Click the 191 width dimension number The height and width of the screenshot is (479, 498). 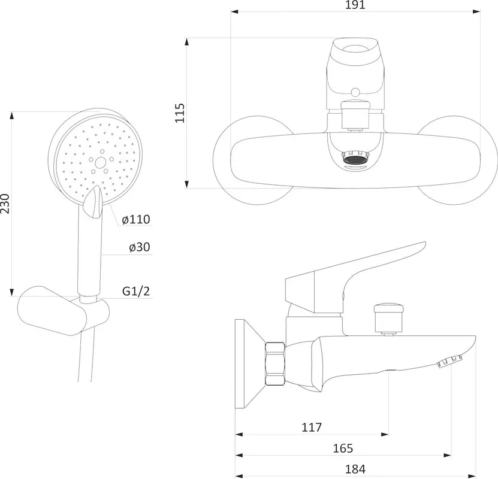pyautogui.click(x=355, y=5)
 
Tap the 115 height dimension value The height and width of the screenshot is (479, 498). pyautogui.click(x=180, y=113)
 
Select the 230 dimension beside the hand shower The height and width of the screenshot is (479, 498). pyautogui.click(x=5, y=204)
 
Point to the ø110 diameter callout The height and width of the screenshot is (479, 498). pyautogui.click(x=136, y=219)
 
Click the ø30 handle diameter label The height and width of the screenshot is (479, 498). pyautogui.click(x=140, y=247)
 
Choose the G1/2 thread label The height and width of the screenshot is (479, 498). pyautogui.click(x=136, y=291)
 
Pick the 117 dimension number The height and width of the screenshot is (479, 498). pyautogui.click(x=312, y=428)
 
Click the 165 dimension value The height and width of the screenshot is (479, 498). pyautogui.click(x=343, y=448)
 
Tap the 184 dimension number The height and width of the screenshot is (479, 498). pyautogui.click(x=355, y=469)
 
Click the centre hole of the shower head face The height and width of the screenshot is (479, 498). pyautogui.click(x=100, y=163)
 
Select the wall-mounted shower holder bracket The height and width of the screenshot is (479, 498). pyautogui.click(x=64, y=310)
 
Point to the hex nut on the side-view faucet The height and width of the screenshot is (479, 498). pyautogui.click(x=275, y=363)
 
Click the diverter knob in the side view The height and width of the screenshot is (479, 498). pyautogui.click(x=389, y=318)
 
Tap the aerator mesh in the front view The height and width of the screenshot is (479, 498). pyautogui.click(x=356, y=159)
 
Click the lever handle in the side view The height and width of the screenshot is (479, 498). pyautogui.click(x=352, y=276)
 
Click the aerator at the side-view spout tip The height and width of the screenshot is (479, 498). pyautogui.click(x=449, y=362)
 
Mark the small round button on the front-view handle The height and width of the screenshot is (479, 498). pyautogui.click(x=355, y=92)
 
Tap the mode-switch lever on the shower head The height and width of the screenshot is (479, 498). pyautogui.click(x=93, y=202)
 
